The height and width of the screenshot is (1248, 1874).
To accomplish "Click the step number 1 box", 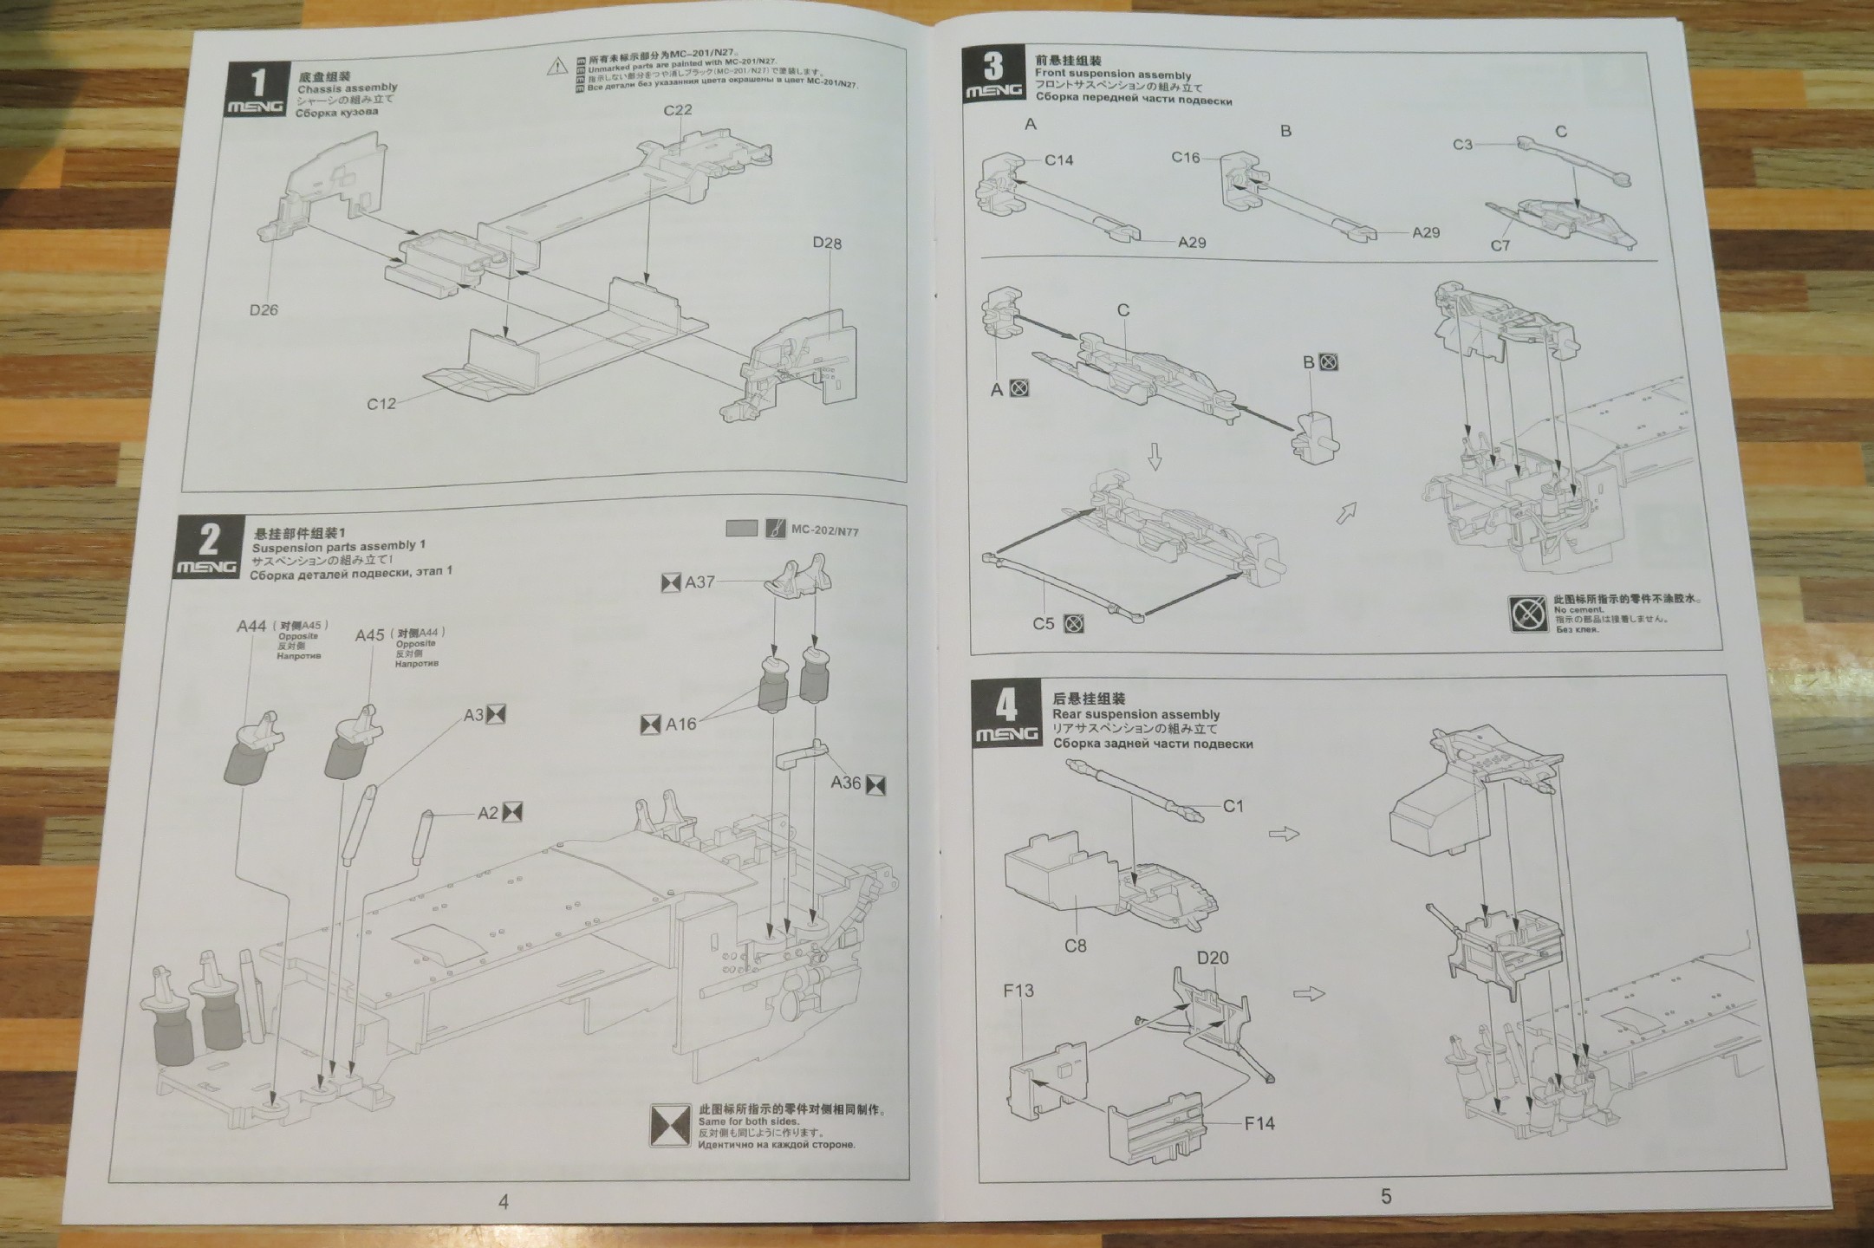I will pos(257,90).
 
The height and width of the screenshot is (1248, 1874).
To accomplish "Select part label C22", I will pos(677,110).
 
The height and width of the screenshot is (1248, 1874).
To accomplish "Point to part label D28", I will pos(826,243).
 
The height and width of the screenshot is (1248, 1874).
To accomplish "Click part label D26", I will pos(264,309).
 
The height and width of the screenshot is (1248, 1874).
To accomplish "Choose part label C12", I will pos(381,403).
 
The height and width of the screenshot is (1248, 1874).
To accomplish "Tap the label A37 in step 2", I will pos(699,582).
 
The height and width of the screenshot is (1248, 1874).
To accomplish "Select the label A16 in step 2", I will pos(680,724).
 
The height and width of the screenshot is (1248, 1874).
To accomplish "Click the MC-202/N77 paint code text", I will pos(824,530).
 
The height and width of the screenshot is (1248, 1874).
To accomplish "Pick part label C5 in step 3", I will pos(1044,623).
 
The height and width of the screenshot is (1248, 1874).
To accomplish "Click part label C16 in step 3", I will pos(1186,157).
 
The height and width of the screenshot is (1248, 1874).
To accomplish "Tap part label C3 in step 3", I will pos(1462,144).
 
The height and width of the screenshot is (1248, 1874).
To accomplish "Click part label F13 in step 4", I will pos(1018,991).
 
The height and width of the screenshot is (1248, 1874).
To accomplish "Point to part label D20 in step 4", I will pos(1213,958).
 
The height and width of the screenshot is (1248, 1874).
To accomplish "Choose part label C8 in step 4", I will pos(1075,946).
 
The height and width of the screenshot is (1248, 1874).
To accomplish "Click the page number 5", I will pos(1385,1196).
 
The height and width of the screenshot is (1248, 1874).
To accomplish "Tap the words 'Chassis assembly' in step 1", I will pos(347,88).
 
